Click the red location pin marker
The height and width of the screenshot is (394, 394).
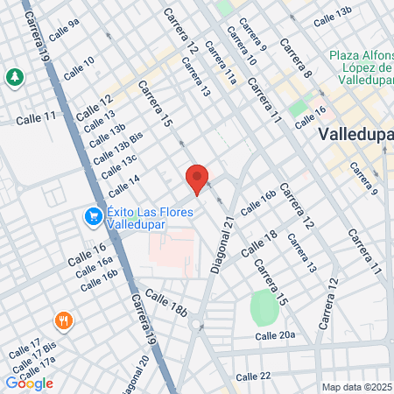[197, 179]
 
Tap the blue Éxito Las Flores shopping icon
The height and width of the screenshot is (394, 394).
[92, 215]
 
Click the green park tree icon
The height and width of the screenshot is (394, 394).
[15, 77]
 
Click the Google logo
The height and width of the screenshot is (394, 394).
[29, 383]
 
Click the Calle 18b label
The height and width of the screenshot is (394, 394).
[166, 302]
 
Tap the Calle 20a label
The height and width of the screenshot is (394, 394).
[275, 335]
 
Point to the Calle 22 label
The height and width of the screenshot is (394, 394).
[253, 376]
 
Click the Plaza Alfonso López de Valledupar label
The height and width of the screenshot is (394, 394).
[360, 67]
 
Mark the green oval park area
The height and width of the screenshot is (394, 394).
[263, 307]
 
